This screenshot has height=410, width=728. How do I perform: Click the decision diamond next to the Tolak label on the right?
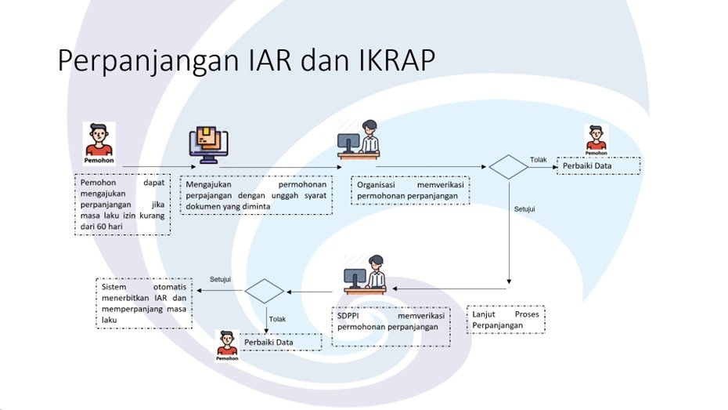coord(509,167)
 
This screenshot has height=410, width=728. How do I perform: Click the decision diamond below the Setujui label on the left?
coord(265,291)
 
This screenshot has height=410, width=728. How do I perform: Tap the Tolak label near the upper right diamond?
coord(539,160)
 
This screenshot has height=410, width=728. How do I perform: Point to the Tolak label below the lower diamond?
coord(276,319)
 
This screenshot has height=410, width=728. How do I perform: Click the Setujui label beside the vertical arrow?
coord(524,211)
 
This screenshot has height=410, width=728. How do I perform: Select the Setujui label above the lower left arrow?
coord(220,279)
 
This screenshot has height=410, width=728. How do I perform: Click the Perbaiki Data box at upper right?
coord(598,165)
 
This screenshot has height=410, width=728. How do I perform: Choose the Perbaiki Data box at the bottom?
coord(280,343)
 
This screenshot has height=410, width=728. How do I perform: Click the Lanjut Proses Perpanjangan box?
coord(506,319)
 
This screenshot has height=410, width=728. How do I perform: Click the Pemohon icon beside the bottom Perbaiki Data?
coord(227,345)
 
